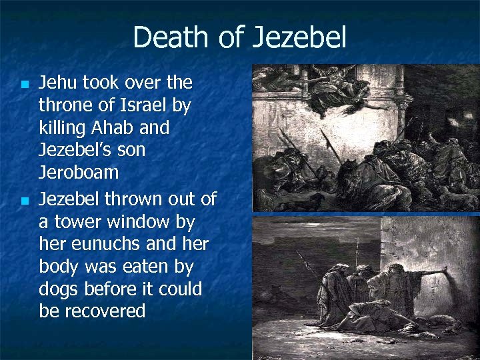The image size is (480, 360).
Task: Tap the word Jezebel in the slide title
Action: pos(299,37)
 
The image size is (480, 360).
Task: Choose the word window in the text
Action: pos(141,221)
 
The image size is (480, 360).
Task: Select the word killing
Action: pos(66,127)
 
